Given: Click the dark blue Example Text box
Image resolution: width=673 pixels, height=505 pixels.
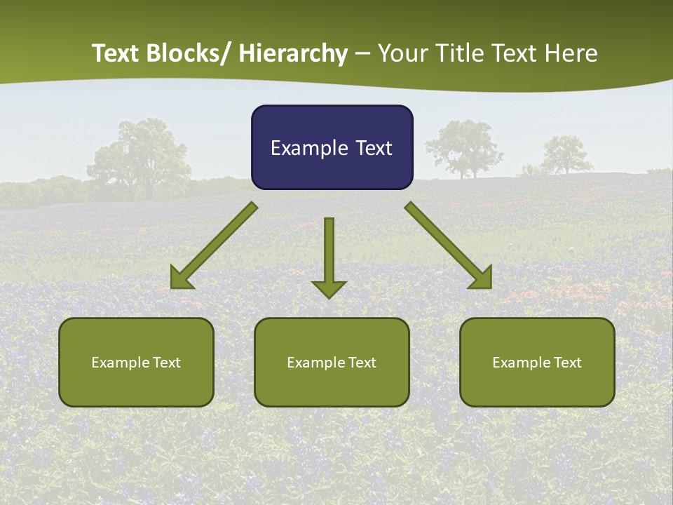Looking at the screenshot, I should click(332, 147).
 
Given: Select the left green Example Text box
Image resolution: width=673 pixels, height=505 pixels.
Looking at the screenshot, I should click(136, 362).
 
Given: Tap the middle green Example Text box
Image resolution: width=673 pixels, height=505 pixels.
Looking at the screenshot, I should click(332, 362).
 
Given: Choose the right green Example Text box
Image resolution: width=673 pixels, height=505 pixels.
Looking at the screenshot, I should click(537, 362).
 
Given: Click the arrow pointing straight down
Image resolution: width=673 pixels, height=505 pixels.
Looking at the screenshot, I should click(329, 257).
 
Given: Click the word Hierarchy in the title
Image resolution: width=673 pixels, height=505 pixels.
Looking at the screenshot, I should click(293, 53).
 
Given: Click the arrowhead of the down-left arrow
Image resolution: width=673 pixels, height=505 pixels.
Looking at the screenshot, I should click(180, 278).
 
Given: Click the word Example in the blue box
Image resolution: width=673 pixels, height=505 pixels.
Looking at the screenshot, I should click(299, 148).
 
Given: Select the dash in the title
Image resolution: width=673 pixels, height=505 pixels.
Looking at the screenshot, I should click(362, 54).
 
